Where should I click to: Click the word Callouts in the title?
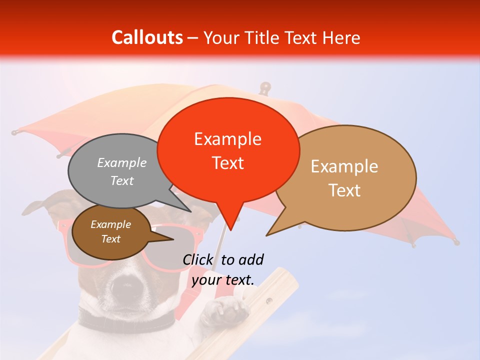tap(147, 37)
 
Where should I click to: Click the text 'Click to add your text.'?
tap(223, 269)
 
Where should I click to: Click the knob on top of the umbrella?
tap(264, 87)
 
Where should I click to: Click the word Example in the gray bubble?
tap(122, 163)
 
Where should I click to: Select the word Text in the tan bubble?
tap(344, 190)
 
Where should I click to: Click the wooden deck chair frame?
tap(270, 300)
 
